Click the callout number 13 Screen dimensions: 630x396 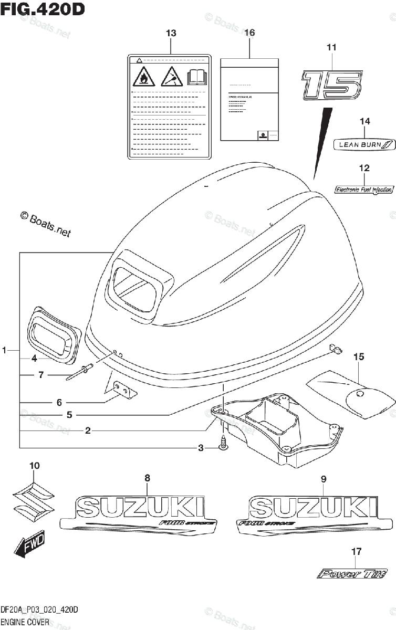click(171, 34)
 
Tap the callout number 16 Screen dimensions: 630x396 click(249, 33)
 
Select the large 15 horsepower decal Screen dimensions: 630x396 click(331, 84)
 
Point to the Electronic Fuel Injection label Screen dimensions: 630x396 click(363, 189)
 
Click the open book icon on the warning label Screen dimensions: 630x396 click(197, 78)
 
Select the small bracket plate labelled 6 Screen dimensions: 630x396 click(124, 390)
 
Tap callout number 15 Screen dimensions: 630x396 click(358, 357)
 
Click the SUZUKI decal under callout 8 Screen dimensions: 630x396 click(139, 514)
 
